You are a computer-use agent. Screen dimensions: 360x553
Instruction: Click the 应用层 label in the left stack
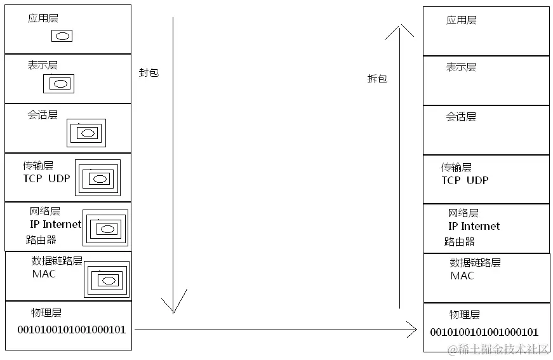43,18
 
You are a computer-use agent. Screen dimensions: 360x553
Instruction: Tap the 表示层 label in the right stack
461,67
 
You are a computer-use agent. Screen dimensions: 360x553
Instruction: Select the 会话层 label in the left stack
43,115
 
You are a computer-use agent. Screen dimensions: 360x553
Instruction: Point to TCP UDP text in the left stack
47,178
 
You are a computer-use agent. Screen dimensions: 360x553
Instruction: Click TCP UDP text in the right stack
465,180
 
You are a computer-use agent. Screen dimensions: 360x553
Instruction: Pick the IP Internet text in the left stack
56,224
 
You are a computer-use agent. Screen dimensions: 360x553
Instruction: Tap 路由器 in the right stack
460,241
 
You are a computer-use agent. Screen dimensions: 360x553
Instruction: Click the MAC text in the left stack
44,274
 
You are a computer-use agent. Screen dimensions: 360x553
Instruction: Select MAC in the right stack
462,276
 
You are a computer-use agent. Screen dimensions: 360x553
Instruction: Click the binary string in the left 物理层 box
71,330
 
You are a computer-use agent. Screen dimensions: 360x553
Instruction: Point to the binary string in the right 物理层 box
484,332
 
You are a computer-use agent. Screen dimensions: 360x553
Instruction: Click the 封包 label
149,72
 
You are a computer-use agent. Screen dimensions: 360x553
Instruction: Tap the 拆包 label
377,79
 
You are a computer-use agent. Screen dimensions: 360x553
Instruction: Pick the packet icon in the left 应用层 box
62,36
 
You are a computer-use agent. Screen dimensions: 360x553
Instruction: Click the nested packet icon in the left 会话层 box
86,133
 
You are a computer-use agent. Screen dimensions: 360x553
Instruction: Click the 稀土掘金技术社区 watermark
498,349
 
